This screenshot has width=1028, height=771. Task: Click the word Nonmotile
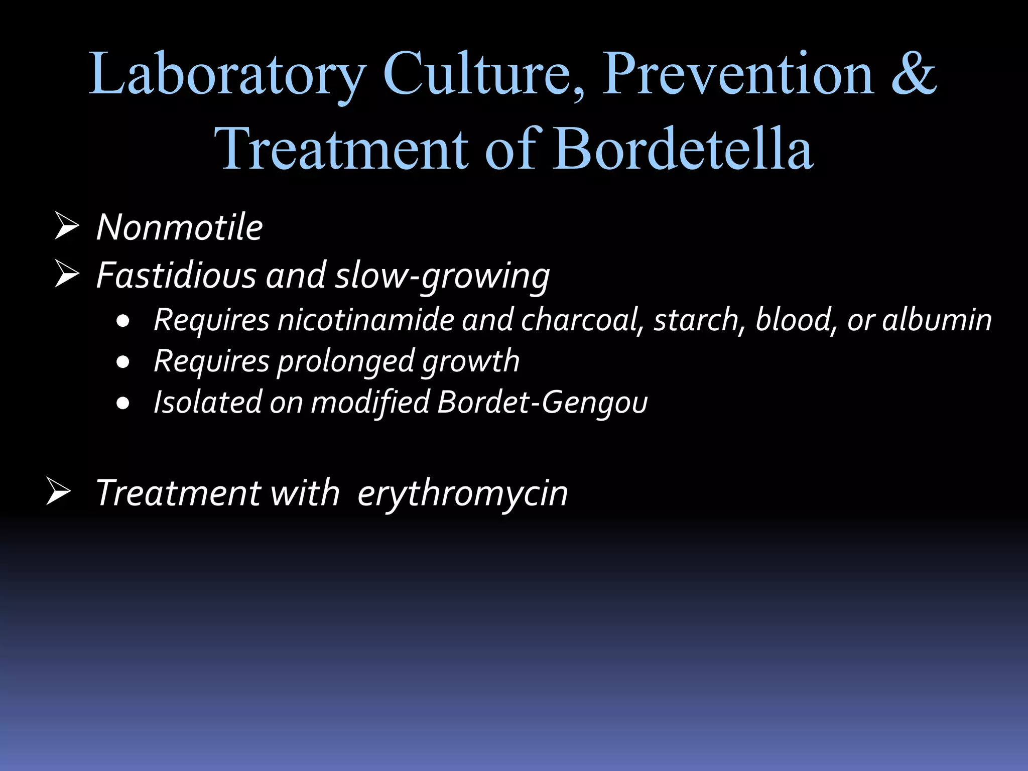pyautogui.click(x=179, y=227)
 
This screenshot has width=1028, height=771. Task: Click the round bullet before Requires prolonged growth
pyautogui.click(x=123, y=361)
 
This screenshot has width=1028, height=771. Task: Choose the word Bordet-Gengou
pyautogui.click(x=542, y=403)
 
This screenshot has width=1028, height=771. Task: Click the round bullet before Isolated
pyautogui.click(x=123, y=403)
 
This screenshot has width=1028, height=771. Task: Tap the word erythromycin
pyautogui.click(x=462, y=493)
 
